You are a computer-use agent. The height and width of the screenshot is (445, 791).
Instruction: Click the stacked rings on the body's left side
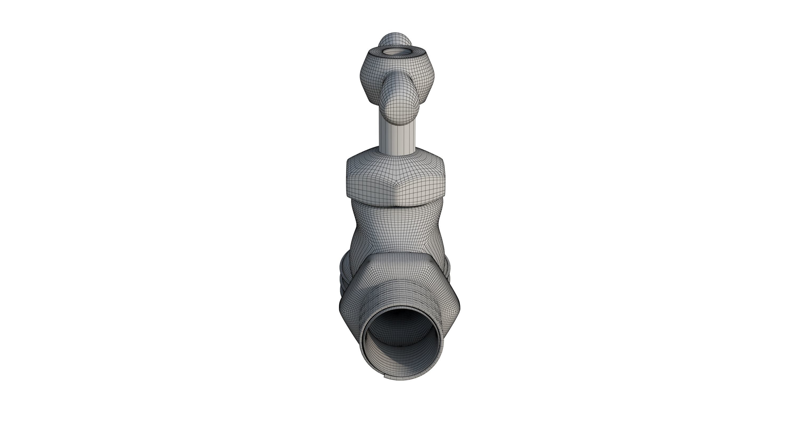point(344,276)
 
